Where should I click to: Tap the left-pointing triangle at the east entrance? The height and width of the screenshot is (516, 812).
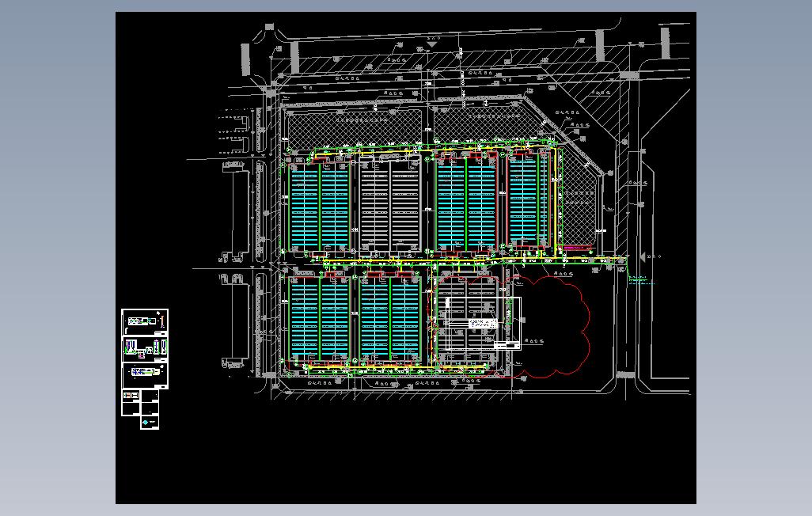pyautogui.click(x=645, y=256)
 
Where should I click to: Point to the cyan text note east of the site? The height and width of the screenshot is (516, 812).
pyautogui.click(x=641, y=279)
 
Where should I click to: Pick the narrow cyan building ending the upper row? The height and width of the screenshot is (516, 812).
pyautogui.click(x=523, y=202)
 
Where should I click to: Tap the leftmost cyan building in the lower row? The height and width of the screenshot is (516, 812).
pyautogui.click(x=320, y=321)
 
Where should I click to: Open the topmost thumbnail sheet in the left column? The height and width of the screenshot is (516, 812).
pyautogui.click(x=145, y=320)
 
